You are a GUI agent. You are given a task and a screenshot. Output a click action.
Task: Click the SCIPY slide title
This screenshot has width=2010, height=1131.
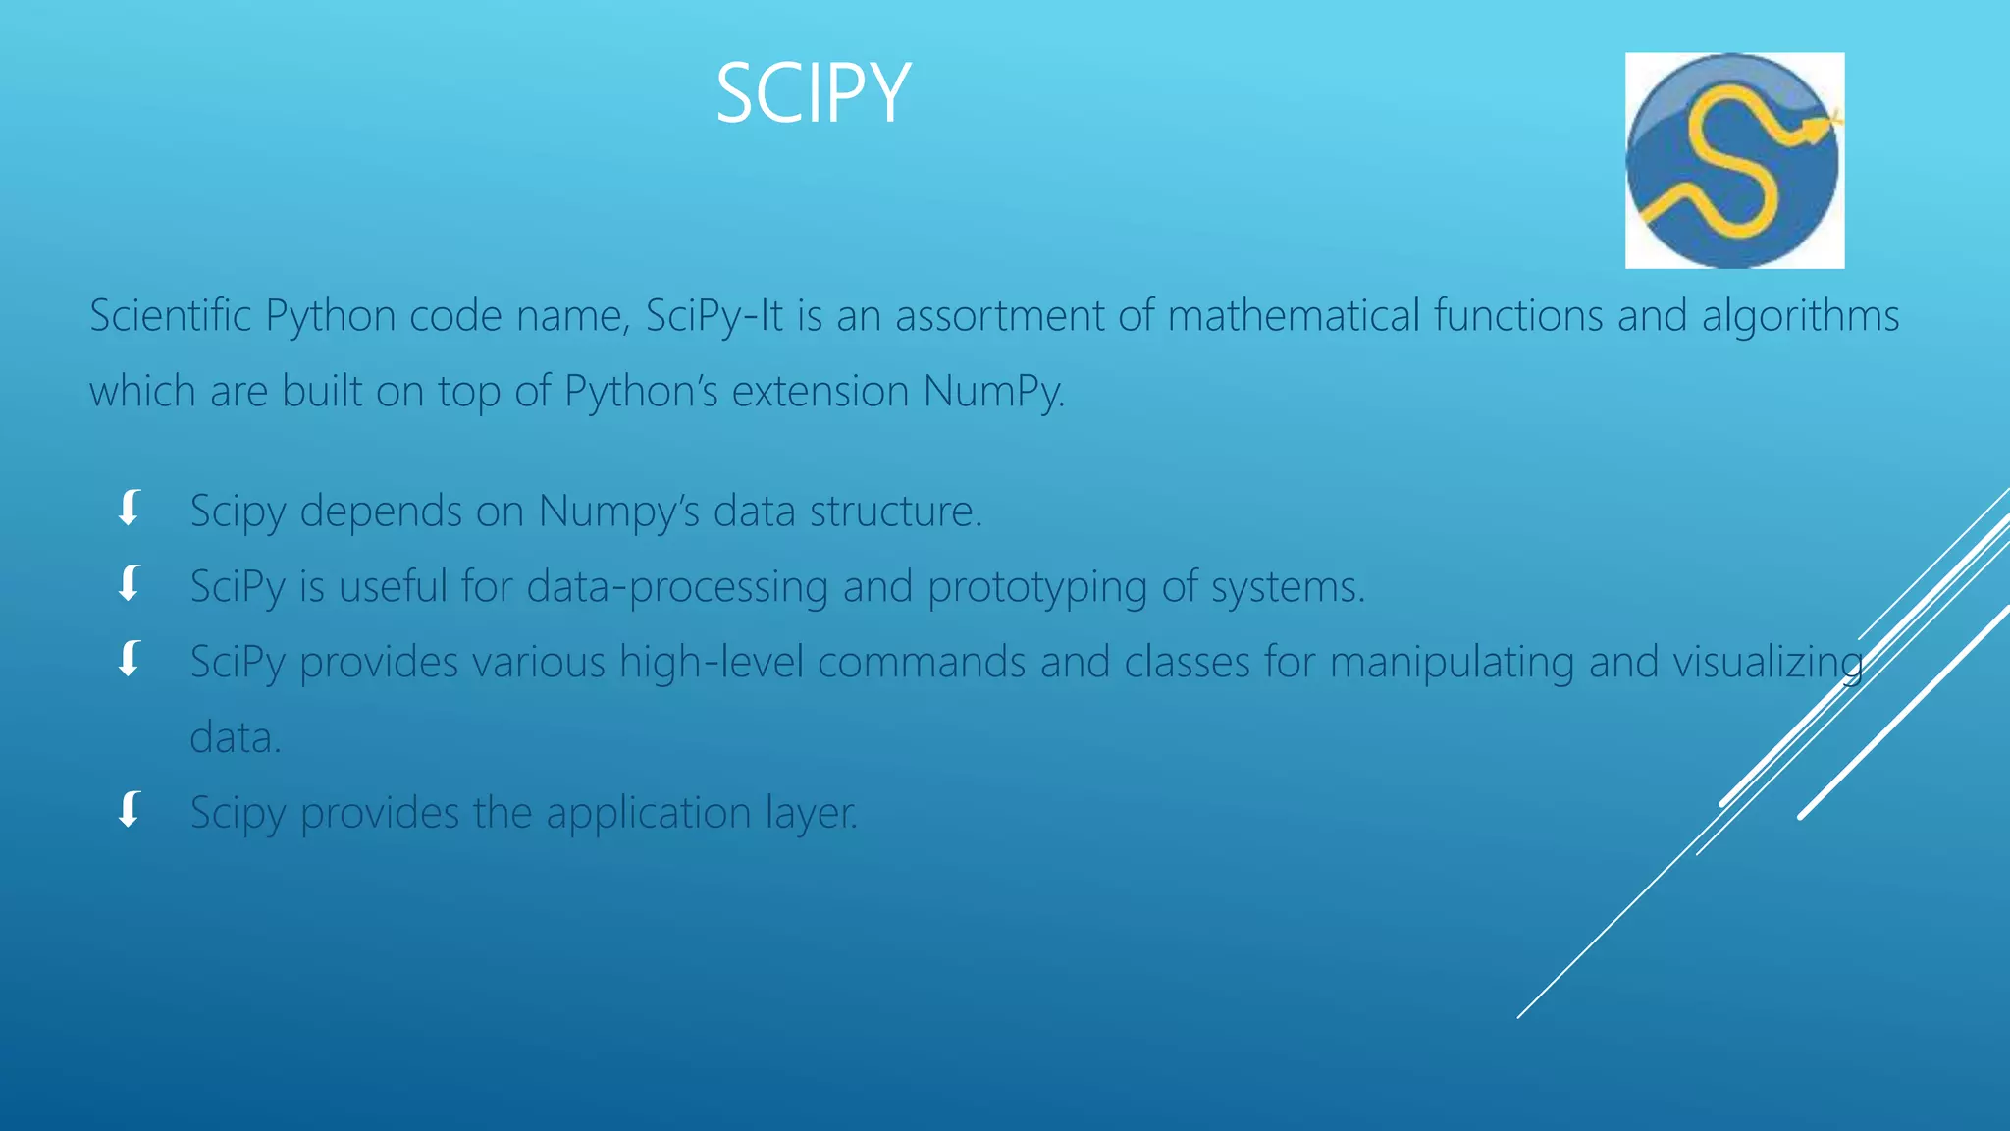(x=813, y=93)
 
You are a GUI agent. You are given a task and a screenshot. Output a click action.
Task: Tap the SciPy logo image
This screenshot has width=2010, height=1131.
(x=1734, y=160)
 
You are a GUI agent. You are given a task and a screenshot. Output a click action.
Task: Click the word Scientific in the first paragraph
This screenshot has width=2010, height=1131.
(x=171, y=316)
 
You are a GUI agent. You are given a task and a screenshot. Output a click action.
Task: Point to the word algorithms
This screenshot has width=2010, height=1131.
(x=1800, y=316)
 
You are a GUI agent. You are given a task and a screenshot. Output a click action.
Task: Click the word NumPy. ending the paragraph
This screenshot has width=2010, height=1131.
(x=993, y=392)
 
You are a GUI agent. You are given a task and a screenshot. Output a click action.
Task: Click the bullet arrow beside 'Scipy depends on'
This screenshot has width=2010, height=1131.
(x=129, y=509)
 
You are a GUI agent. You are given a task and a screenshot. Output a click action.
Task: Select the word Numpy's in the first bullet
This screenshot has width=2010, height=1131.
(x=618, y=512)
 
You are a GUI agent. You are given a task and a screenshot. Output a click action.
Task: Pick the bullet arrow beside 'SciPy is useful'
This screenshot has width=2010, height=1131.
(x=129, y=583)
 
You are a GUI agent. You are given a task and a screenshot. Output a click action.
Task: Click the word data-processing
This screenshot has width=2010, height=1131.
(x=677, y=587)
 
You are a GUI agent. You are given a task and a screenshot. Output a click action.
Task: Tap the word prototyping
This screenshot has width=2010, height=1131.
(x=1036, y=587)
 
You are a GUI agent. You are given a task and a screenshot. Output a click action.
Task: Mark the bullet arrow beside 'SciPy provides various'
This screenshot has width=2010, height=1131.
(x=129, y=659)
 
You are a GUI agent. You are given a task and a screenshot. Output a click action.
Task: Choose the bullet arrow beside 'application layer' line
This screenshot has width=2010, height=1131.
(x=129, y=810)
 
